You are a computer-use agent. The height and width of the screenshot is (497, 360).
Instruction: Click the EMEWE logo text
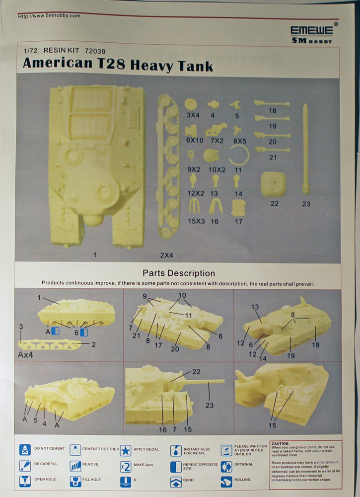312,30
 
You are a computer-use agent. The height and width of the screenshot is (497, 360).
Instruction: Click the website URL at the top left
49,16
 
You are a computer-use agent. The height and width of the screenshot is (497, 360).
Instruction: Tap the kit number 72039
95,51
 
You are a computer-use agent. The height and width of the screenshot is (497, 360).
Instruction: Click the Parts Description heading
179,273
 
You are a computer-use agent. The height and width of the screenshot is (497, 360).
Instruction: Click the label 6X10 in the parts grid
195,141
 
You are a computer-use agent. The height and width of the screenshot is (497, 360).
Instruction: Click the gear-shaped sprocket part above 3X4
192,104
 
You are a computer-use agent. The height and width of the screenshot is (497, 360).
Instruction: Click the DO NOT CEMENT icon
25,450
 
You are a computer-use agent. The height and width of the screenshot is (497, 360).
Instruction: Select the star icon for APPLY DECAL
126,450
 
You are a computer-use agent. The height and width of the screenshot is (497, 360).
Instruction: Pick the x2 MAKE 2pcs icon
126,466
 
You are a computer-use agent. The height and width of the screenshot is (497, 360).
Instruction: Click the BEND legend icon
176,482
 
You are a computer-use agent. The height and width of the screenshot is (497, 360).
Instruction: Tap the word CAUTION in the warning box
283,443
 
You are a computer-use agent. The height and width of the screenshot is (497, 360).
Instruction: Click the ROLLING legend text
242,480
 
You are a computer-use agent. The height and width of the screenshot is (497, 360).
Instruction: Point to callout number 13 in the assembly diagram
255,307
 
